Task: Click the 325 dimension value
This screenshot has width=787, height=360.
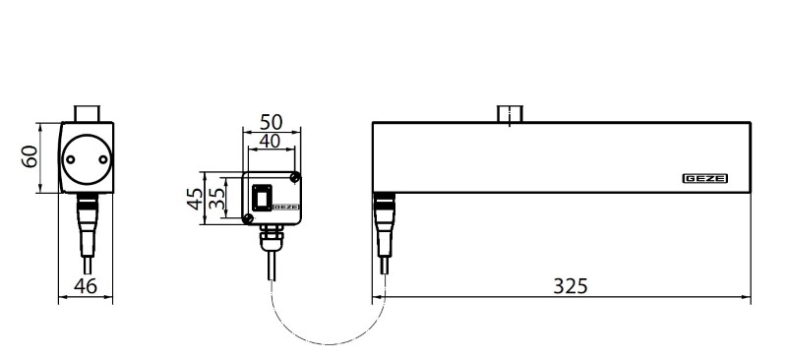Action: [x=571, y=285]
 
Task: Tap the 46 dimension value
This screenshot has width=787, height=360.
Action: [x=86, y=285]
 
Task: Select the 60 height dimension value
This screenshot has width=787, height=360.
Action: [x=30, y=156]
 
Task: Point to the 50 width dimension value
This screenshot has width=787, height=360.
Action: [x=272, y=122]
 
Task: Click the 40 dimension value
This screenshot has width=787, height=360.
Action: [x=270, y=141]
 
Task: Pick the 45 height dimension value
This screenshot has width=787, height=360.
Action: [x=195, y=199]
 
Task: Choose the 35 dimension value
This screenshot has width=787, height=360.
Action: [x=216, y=199]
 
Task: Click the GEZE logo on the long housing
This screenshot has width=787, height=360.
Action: [x=704, y=179]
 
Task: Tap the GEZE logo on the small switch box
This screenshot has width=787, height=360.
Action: [x=286, y=207]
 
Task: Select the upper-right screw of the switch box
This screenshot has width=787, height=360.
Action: [x=295, y=177]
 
